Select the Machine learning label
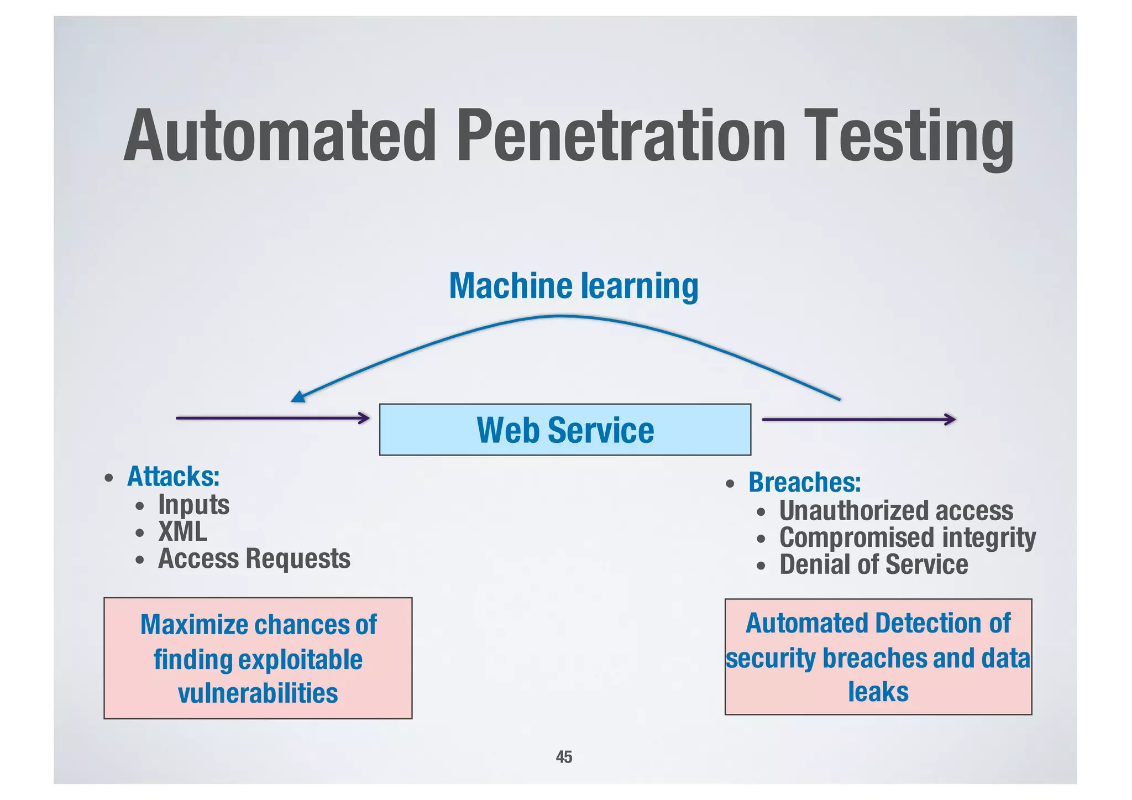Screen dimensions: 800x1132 (573, 286)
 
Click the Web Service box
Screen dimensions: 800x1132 (565, 430)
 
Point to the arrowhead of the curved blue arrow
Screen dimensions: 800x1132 (297, 396)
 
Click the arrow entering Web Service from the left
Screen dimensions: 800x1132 (272, 418)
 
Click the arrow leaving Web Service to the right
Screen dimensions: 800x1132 (858, 420)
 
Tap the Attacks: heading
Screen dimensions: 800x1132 (173, 477)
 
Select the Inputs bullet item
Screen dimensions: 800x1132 (193, 505)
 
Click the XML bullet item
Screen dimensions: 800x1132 (182, 532)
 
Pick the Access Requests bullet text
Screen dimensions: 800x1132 (254, 559)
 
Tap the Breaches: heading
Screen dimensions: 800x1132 (804, 483)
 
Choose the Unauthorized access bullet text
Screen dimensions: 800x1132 (896, 511)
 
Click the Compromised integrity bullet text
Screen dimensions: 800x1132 (907, 538)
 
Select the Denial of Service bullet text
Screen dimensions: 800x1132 (873, 565)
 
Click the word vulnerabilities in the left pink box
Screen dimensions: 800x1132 (258, 693)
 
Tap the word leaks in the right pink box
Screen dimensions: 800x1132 (878, 692)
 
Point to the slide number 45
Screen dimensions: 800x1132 (564, 757)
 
